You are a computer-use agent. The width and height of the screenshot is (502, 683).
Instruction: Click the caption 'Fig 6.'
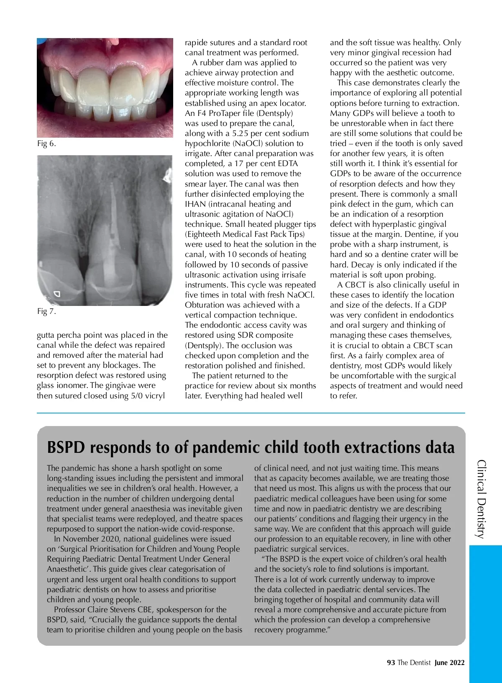46,144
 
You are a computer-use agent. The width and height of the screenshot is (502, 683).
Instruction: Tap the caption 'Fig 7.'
46,311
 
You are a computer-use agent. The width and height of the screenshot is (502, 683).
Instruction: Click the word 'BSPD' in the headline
66,447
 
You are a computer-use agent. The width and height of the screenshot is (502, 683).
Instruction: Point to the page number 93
391,662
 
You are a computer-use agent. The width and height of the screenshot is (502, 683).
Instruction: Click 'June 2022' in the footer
449,662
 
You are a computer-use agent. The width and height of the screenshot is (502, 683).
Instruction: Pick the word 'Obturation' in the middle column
205,305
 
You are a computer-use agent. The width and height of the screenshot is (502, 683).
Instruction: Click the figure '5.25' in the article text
241,134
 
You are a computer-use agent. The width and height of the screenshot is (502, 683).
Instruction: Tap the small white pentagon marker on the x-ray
57,294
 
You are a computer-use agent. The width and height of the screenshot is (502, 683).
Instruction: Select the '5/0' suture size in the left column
134,396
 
